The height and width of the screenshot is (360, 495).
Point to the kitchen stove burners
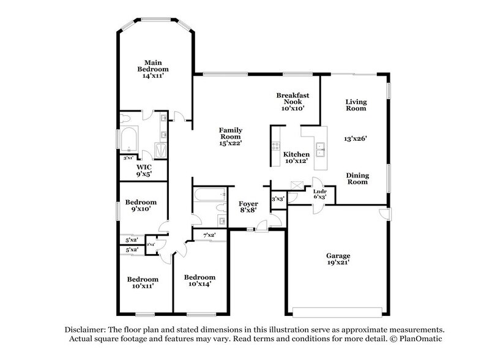274,148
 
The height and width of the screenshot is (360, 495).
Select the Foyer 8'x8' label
248,206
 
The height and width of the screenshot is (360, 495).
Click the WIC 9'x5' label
144,170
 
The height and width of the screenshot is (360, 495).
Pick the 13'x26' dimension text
355,139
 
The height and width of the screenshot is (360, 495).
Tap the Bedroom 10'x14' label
200,280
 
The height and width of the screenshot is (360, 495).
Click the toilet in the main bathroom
126,119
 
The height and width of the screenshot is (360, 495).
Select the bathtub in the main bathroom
130,140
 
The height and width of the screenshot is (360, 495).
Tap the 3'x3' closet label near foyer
278,198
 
